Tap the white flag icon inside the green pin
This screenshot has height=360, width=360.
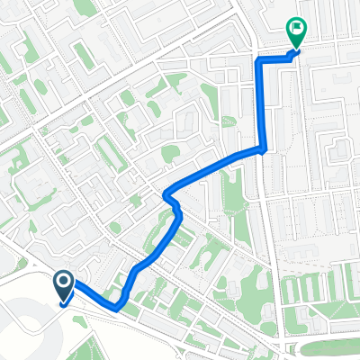pos(295,29)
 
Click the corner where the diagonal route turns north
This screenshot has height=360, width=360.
pos(262,150)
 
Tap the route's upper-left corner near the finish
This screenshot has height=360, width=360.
pos(259,60)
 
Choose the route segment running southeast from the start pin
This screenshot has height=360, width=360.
pos(91,295)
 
